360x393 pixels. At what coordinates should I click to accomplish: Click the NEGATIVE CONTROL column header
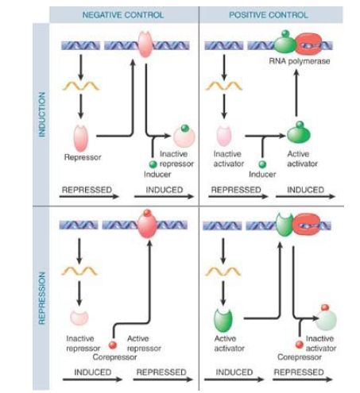[x=123, y=15]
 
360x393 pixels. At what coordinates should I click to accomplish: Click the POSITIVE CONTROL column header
[x=269, y=15]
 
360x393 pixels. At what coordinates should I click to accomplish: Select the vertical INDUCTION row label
[x=42, y=114]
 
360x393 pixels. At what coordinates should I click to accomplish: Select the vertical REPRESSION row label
[x=42, y=298]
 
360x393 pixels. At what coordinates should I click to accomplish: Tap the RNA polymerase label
[x=300, y=61]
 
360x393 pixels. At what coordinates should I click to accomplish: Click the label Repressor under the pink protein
[x=83, y=157]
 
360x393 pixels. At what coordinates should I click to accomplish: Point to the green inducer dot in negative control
[x=153, y=164]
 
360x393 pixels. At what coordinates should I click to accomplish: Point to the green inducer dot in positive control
[x=262, y=164]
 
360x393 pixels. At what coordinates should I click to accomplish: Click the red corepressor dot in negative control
[x=113, y=345]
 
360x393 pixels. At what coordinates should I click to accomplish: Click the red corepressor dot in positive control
[x=300, y=345]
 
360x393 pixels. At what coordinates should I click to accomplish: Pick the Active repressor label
[x=144, y=343]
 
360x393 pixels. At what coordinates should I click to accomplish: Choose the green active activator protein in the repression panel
[x=223, y=321]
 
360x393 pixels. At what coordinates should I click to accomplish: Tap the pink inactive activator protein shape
[x=224, y=136]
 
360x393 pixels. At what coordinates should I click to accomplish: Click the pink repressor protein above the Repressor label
[x=81, y=138]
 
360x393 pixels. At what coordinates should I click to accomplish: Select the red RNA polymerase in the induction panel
[x=309, y=44]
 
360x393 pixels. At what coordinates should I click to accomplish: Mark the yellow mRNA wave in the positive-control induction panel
[x=224, y=86]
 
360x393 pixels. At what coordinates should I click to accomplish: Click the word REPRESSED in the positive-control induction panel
[x=236, y=190]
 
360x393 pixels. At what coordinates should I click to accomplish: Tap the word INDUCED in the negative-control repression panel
[x=93, y=372]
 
